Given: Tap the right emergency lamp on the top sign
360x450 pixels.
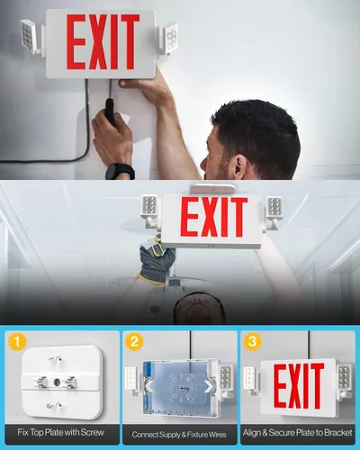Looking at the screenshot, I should [x=167, y=39].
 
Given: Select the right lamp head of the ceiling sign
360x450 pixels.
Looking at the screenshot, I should [x=274, y=210].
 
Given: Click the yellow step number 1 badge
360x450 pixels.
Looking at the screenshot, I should [x=16, y=343].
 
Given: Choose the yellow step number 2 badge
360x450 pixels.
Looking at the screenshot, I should [x=135, y=343].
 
